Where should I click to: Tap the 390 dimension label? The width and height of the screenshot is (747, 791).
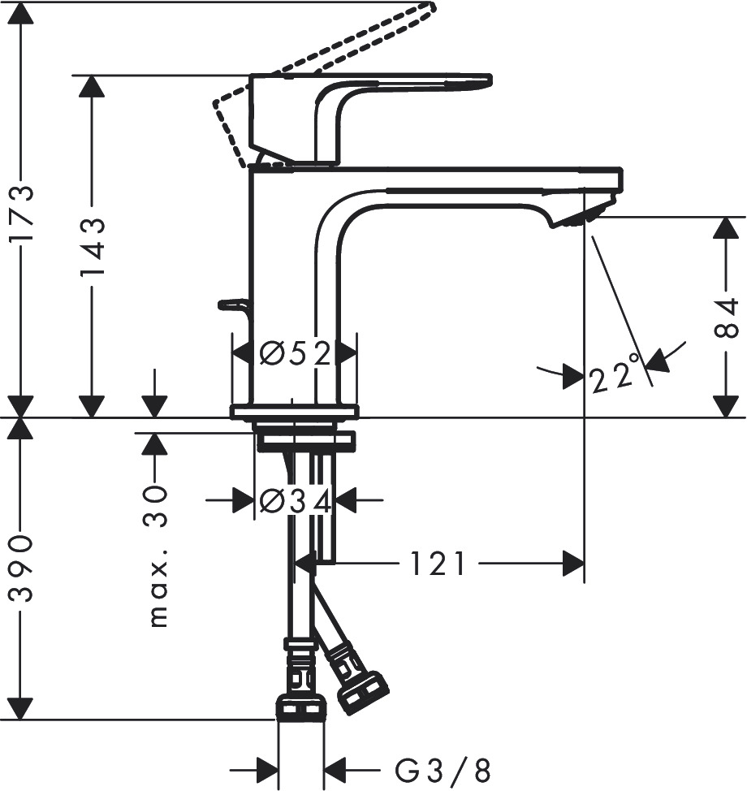pyautogui.click(x=21, y=568)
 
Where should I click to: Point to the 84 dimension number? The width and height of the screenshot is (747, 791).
pyautogui.click(x=727, y=318)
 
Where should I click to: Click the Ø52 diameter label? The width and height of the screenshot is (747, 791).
pyautogui.click(x=295, y=353)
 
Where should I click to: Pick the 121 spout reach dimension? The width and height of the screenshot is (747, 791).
pyautogui.click(x=438, y=564)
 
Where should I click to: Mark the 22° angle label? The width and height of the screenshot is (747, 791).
pyautogui.click(x=612, y=377)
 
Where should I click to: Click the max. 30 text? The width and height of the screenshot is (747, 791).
pyautogui.click(x=157, y=556)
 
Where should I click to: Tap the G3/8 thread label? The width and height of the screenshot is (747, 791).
pyautogui.click(x=443, y=769)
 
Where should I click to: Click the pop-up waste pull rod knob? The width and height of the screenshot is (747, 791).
pyautogui.click(x=231, y=305)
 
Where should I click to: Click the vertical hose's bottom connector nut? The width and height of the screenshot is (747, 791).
pyautogui.click(x=301, y=708)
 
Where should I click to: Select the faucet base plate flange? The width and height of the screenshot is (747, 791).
pyautogui.click(x=294, y=412)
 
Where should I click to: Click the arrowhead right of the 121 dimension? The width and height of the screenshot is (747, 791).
pyautogui.click(x=573, y=564)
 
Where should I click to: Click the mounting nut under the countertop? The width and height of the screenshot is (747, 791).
pyautogui.click(x=305, y=442)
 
